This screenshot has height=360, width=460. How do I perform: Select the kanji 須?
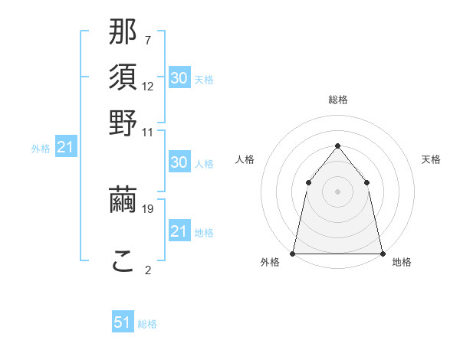pos(123,79)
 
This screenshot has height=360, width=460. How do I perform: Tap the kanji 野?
pos(123,123)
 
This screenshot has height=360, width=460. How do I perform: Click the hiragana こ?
pos(123,263)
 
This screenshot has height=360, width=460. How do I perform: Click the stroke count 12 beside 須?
pos(148,87)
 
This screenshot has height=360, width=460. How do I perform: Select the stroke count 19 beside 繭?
pos(148,208)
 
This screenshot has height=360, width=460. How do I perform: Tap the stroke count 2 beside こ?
pos(148,270)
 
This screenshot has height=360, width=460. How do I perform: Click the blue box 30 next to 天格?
pos(179,77)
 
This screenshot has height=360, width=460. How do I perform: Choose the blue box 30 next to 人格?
pos(179,162)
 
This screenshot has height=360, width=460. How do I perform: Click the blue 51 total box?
pos(123,323)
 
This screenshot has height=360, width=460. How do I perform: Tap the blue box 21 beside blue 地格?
pos(179,231)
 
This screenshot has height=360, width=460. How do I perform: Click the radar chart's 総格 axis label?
pos(338,100)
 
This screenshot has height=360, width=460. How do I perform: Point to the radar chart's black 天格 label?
pos(431,159)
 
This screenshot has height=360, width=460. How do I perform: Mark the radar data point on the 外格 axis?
pos(293,254)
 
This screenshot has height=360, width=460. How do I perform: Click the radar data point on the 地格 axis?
pos(383,254)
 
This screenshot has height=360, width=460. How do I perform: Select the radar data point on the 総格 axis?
pos(338,146)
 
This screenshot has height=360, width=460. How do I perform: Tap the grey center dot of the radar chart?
pos(338,191)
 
